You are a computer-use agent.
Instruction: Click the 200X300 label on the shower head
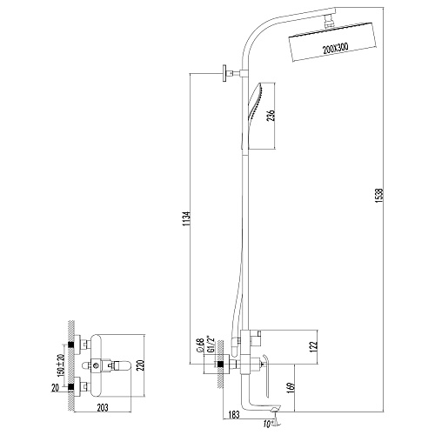336,49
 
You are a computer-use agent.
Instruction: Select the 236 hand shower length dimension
271,116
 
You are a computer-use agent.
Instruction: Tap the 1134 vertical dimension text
187,219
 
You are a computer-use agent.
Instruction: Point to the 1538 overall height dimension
380,196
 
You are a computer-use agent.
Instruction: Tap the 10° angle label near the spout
269,424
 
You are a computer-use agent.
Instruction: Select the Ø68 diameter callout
200,345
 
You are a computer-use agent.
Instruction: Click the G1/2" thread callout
208,345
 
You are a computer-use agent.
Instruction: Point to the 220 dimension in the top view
140,366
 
